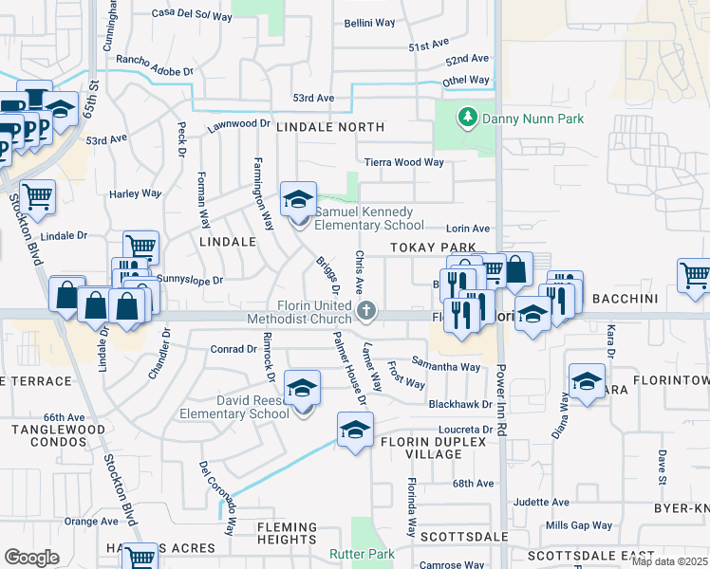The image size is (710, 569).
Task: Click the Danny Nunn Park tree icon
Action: click(466, 118)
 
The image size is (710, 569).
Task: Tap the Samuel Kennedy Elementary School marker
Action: click(299, 202)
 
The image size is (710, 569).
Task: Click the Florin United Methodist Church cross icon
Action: click(367, 309)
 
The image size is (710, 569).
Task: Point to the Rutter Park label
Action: click(361, 554)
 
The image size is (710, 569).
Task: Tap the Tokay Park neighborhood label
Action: click(432, 248)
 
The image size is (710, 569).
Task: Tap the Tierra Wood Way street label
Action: click(404, 162)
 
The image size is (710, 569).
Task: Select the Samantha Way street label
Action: click(445, 365)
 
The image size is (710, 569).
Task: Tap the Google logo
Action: click(31, 558)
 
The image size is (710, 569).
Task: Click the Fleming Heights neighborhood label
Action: click(286, 533)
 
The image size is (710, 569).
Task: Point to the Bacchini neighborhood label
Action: click(625, 299)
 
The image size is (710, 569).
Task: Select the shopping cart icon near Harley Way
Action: click(38, 197)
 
